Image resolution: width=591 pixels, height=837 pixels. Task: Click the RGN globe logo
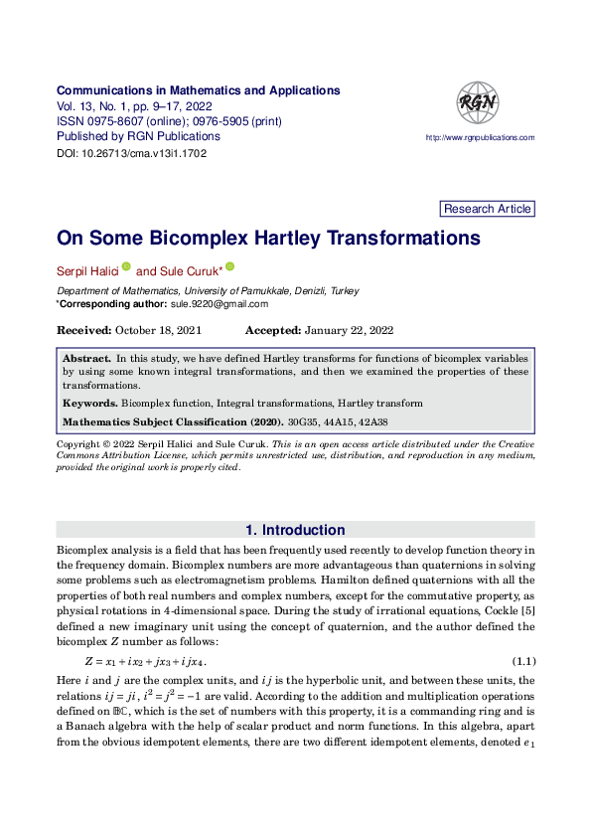point(478,102)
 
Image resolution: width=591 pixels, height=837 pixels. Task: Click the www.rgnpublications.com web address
point(480,138)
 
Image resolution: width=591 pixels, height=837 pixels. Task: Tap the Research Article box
point(487,209)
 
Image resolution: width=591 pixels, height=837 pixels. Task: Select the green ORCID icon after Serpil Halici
point(126,267)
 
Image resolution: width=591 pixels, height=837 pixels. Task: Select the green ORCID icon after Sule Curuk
point(229,267)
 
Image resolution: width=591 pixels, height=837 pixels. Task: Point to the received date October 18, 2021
point(159,330)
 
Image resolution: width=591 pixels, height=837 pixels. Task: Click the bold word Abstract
point(86,357)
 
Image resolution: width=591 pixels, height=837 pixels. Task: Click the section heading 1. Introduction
point(295,530)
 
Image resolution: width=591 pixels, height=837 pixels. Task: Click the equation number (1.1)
point(523,661)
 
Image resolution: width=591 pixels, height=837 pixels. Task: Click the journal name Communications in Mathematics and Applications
point(199,90)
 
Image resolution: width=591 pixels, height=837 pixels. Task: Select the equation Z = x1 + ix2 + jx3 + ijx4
point(145,661)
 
